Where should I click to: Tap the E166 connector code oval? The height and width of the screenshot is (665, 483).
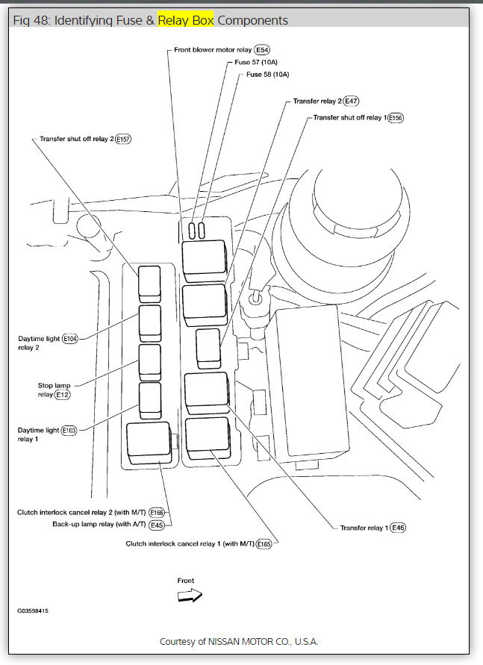(157, 513)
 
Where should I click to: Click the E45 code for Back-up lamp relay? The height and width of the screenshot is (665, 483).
(157, 525)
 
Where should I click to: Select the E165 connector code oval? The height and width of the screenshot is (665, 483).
(264, 544)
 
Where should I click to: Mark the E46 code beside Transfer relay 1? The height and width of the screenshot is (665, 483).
(398, 528)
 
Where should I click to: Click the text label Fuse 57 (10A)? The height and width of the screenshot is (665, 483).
(256, 63)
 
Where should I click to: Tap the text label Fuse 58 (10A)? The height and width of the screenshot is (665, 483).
(267, 75)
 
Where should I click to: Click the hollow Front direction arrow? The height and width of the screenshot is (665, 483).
(190, 596)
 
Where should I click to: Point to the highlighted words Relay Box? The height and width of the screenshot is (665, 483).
(185, 20)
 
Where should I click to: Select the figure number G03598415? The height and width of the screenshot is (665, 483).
(34, 611)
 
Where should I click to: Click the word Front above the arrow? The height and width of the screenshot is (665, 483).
(186, 581)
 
